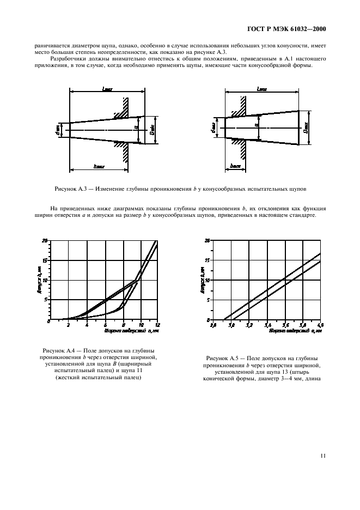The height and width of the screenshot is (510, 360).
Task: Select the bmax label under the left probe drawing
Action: pos(99,166)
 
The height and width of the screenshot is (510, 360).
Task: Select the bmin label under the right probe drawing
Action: pos(235,165)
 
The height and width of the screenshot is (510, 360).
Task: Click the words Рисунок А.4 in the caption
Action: pos(57,350)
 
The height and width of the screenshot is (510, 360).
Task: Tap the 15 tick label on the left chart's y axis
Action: pos(45,260)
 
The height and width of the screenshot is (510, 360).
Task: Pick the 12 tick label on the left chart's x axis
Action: pos(157,325)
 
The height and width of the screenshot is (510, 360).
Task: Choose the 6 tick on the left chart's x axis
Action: pos(105,325)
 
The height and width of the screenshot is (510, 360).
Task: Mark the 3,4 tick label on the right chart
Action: pos(267,325)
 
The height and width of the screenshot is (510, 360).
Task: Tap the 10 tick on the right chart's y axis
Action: pos(207,280)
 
